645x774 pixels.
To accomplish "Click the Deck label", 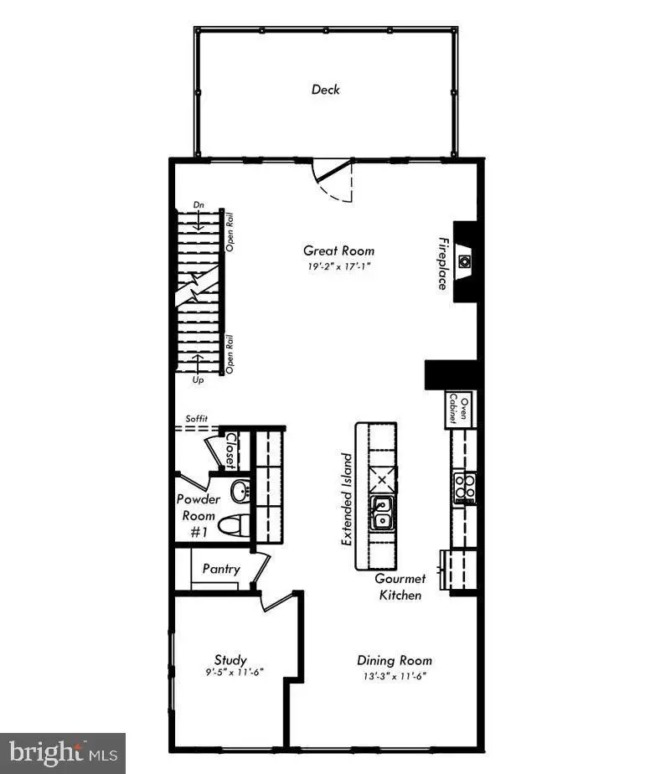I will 325,89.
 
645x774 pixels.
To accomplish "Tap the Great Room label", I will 338,250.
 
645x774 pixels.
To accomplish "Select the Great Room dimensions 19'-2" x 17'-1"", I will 338,267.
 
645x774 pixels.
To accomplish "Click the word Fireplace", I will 441,261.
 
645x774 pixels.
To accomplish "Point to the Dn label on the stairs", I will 199,204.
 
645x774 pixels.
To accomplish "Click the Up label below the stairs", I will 199,380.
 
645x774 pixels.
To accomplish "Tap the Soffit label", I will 196,419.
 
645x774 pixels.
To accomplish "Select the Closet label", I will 231,451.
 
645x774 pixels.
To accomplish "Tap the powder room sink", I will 240,491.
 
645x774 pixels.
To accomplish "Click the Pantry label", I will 221,569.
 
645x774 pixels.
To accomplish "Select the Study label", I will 230,660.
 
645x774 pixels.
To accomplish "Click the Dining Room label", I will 394,660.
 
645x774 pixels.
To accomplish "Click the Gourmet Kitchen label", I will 400,586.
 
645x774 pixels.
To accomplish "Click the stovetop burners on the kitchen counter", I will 464,486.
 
